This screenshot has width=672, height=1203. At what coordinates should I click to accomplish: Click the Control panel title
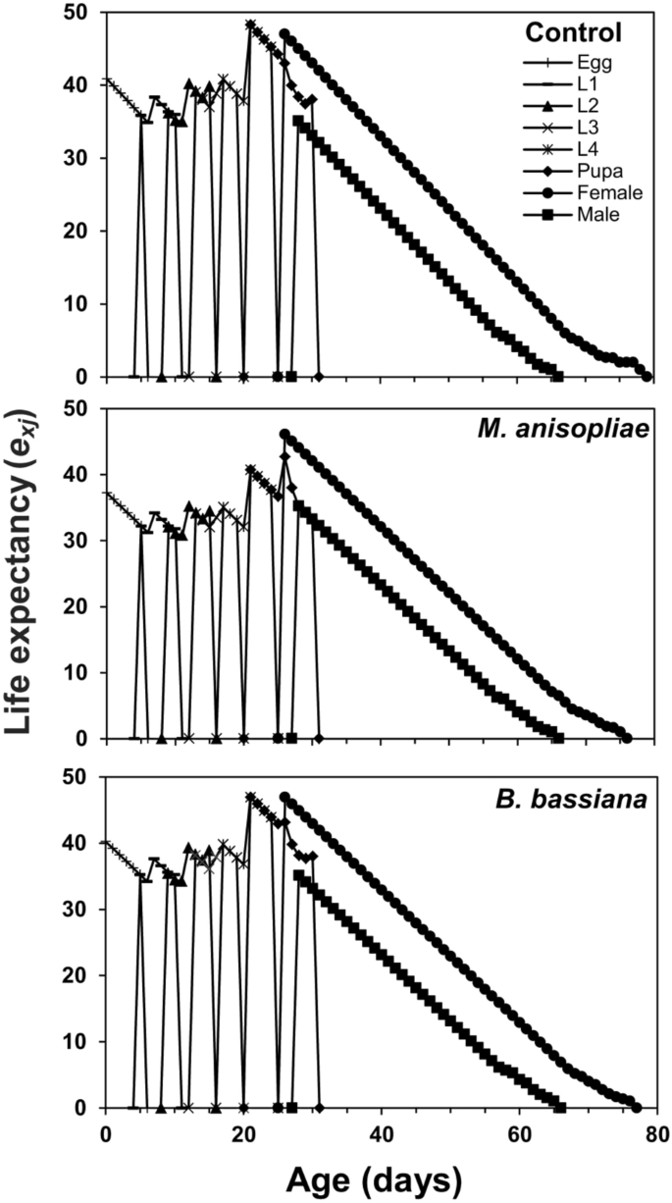coord(574,32)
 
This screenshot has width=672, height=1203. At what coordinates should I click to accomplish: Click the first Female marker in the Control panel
coord(284,34)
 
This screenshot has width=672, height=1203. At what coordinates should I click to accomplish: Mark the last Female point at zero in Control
coord(646,377)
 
